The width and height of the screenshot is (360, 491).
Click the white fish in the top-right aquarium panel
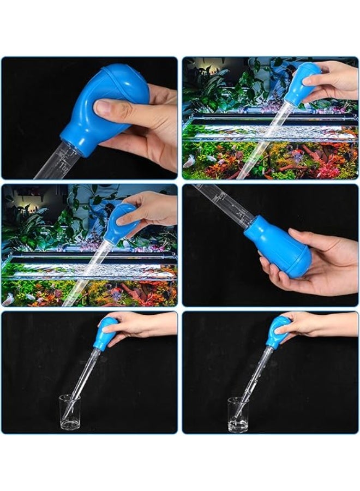(189, 161)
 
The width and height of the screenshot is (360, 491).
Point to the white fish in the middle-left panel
(8, 299)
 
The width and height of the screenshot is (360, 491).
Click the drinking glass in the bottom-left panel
(69, 412)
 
